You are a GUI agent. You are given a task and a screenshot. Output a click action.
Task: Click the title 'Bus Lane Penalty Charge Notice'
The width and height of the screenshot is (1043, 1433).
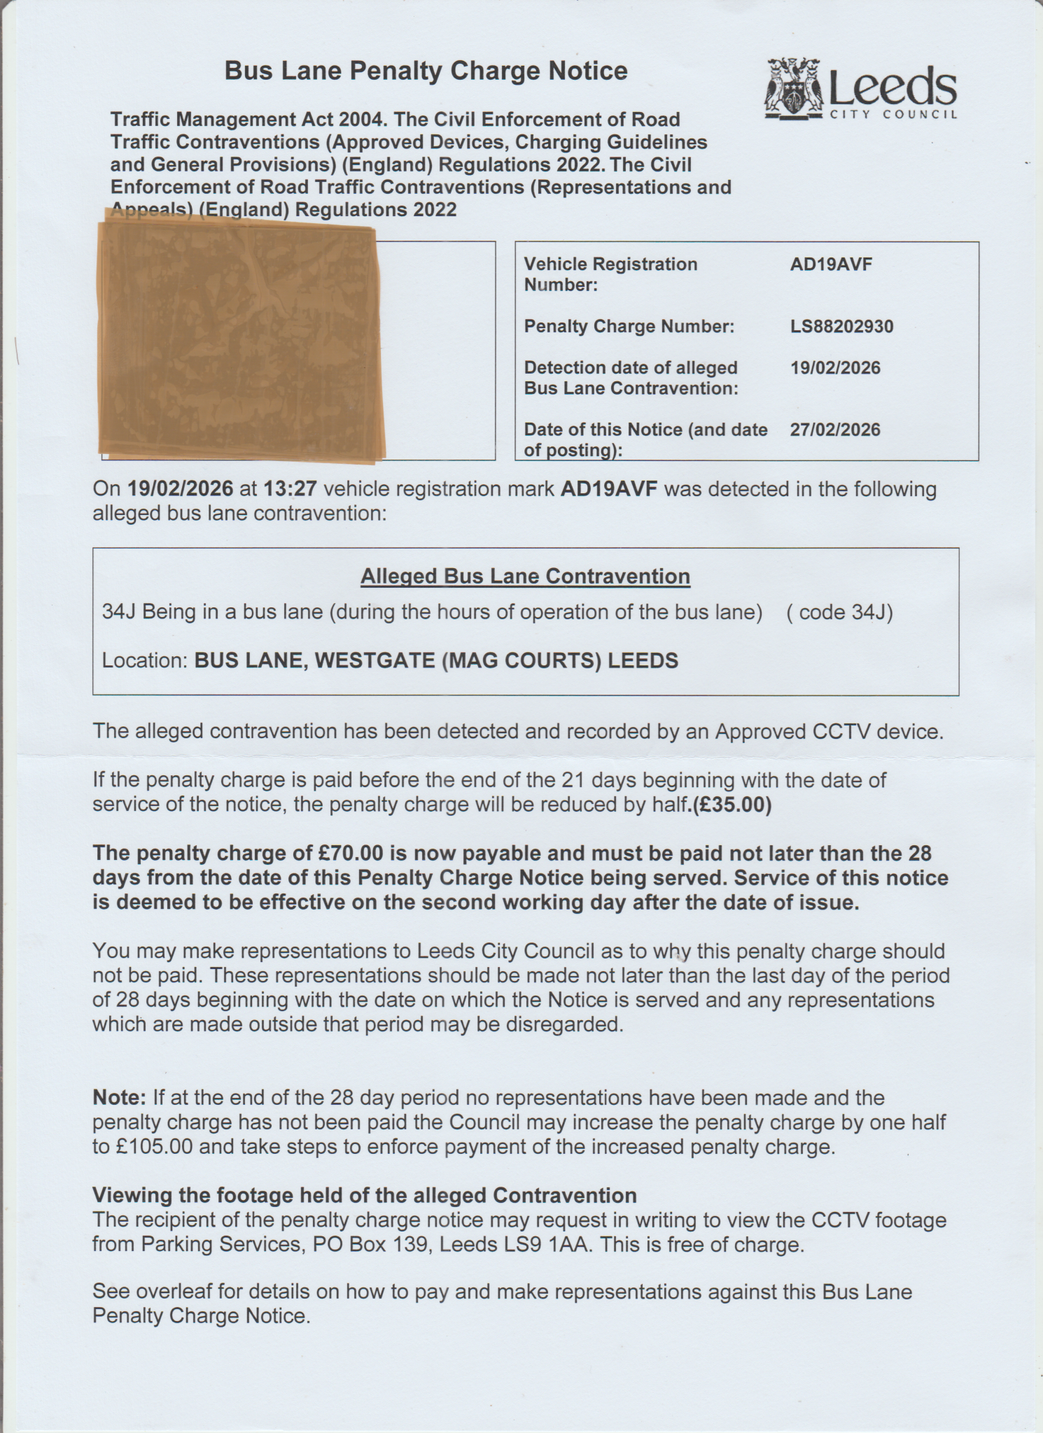tap(426, 71)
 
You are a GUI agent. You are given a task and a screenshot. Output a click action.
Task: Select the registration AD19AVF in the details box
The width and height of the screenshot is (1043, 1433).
tap(831, 264)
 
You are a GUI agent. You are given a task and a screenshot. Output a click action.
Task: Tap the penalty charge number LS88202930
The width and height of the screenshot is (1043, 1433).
tap(841, 327)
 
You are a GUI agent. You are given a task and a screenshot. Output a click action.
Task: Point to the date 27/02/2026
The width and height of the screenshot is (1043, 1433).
tap(835, 430)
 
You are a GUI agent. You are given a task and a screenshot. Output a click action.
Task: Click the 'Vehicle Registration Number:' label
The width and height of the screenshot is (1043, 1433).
tap(610, 274)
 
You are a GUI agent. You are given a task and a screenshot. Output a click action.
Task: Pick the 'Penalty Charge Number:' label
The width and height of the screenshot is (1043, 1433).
tap(629, 327)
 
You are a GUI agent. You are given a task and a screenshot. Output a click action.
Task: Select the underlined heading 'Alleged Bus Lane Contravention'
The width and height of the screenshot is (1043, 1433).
tap(525, 577)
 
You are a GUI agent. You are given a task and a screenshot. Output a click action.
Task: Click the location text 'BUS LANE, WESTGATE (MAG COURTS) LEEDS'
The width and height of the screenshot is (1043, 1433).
tap(436, 661)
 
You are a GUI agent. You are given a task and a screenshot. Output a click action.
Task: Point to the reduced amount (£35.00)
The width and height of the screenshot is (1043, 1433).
tap(731, 805)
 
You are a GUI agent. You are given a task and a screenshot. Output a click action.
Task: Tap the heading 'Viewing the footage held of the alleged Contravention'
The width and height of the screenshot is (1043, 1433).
tap(365, 1195)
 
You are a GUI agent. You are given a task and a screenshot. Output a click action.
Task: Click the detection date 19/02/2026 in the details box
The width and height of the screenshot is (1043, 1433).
tap(835, 368)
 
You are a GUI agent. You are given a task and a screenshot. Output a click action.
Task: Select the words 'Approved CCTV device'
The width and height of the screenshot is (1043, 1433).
tap(828, 732)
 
